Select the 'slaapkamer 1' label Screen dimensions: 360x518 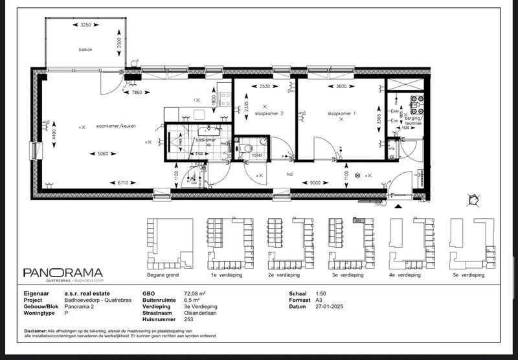point(341,114)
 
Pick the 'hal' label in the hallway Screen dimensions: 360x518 point(290,174)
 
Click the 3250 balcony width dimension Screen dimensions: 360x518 point(85,25)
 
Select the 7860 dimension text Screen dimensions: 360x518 point(137,93)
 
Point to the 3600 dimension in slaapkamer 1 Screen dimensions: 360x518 point(343,85)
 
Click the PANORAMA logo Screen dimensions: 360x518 point(63,273)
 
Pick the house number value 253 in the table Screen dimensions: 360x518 point(188,319)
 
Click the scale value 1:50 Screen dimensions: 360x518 point(321,293)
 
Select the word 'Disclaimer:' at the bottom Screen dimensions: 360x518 point(36,331)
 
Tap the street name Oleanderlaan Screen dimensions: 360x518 point(199,313)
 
